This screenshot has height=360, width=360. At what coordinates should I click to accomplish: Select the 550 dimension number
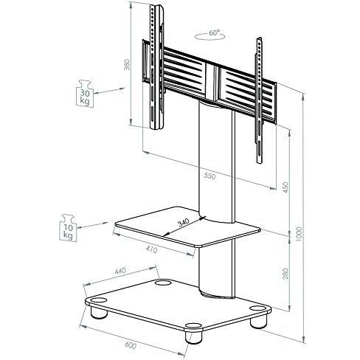point(210,178)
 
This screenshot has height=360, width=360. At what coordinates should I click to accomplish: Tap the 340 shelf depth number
point(182,222)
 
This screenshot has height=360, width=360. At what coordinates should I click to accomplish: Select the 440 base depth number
point(120,271)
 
